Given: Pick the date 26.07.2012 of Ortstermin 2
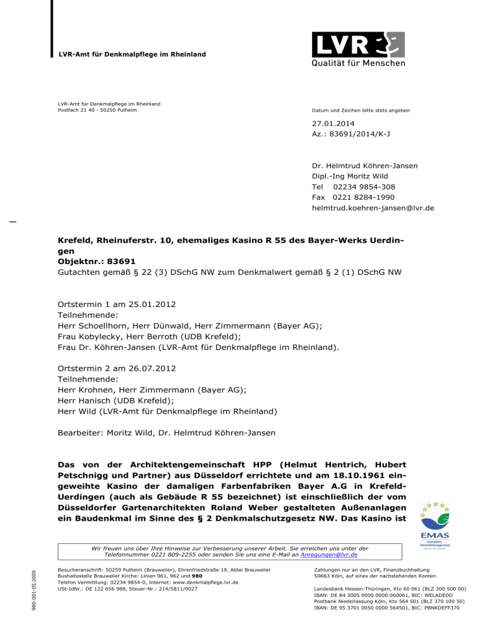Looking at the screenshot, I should [x=143, y=368].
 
